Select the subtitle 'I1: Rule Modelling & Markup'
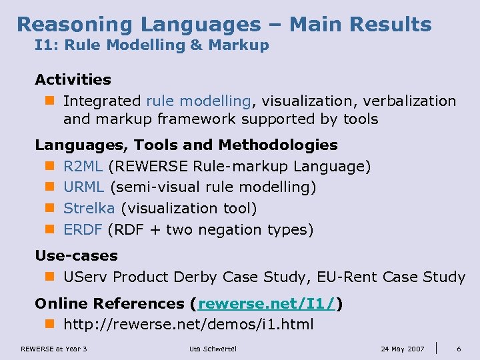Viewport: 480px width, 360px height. click(152, 45)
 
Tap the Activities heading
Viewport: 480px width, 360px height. click(73, 79)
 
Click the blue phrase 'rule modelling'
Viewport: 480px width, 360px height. click(198, 101)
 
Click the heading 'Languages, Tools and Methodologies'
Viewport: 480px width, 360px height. click(186, 145)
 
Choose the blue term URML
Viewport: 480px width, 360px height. click(84, 187)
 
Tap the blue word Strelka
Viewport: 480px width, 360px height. click(89, 209)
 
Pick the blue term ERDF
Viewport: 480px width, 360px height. click(83, 230)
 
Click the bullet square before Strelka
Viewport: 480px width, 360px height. click(49, 209)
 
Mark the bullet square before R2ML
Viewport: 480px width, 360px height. click(49, 166)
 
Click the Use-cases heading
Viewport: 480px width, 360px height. click(76, 255)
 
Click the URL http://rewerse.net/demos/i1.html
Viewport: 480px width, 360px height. click(188, 325)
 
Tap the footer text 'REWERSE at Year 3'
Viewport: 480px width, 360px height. click(54, 349)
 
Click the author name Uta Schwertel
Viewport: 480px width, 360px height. click(213, 349)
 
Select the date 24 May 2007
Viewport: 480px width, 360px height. click(402, 349)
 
